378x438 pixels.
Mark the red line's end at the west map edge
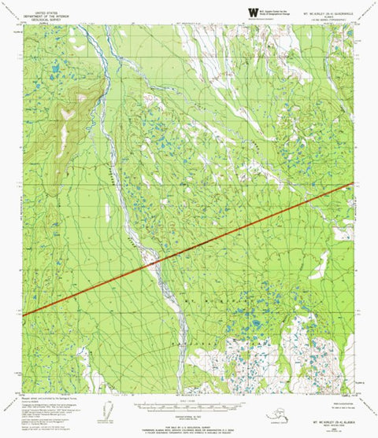24,315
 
